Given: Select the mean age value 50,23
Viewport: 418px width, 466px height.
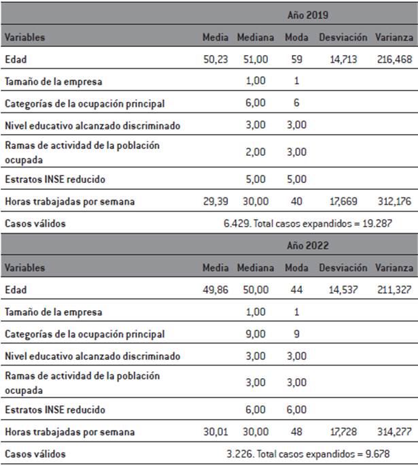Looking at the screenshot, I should pos(215,60).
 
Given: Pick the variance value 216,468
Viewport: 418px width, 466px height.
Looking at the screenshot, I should pos(394,60).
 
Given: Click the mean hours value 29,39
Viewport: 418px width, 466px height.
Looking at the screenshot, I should pos(215,201).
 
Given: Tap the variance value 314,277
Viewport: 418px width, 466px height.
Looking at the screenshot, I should pos(394,432).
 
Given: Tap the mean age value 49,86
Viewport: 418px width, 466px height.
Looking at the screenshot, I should pos(215,290).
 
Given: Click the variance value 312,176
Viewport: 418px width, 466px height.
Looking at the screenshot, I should pos(394,201).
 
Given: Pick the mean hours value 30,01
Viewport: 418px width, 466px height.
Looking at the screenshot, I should pos(215,432).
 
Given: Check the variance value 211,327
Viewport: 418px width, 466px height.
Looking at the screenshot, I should pos(394,290).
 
